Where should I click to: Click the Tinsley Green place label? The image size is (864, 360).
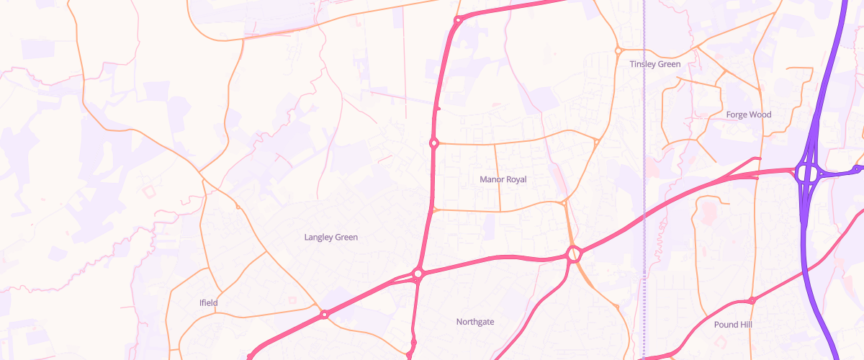[x=654, y=64]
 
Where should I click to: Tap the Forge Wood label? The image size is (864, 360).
[x=748, y=114]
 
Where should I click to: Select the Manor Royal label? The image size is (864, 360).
[x=503, y=179]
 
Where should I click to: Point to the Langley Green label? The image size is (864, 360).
[x=330, y=237]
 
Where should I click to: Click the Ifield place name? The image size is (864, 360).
[x=208, y=303]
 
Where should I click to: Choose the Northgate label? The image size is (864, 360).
[x=475, y=322]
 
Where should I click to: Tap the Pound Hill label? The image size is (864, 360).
[x=733, y=325]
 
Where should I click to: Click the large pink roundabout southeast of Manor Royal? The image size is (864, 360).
[x=573, y=253]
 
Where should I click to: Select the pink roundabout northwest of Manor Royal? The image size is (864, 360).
[x=434, y=143]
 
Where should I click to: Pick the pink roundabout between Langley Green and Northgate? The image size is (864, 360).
[x=418, y=274]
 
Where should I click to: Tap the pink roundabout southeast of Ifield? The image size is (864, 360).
[x=325, y=314]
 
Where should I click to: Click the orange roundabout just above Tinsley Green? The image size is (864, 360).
[x=618, y=50]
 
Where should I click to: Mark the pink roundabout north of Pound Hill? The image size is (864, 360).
[x=752, y=300]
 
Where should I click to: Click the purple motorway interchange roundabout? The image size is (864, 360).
[x=806, y=173]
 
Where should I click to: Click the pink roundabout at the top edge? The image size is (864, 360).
[x=457, y=19]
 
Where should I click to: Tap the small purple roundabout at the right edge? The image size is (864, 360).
[x=856, y=169]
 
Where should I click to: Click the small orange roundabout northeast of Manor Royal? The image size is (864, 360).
[x=597, y=142]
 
